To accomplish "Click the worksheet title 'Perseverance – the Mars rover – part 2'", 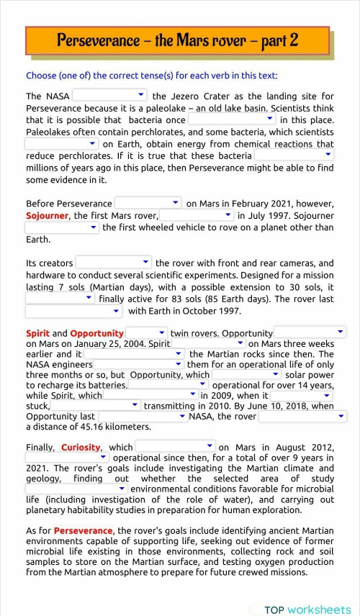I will (177, 40).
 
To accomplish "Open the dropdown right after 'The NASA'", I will (109, 95).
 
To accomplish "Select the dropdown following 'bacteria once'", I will (231, 119).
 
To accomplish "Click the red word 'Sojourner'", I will (47, 215).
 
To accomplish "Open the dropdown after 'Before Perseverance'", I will (148, 203).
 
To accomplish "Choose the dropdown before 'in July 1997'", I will (197, 215).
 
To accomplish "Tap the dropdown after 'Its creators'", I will (114, 263).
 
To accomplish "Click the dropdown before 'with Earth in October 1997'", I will (74, 311).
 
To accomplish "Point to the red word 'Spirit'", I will (37, 333).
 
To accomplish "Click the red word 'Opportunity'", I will (97, 333).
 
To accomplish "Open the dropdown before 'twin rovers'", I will (147, 332).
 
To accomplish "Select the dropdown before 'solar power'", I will (246, 374).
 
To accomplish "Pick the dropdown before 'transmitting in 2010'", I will (96, 405).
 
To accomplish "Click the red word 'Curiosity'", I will (81, 447).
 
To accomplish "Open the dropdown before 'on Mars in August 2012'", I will (176, 446).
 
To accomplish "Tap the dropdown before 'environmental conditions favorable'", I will (76, 489).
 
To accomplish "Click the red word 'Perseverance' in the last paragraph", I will (83, 530).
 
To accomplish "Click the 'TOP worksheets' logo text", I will (307, 610).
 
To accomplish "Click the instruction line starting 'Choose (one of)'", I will (151, 76).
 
